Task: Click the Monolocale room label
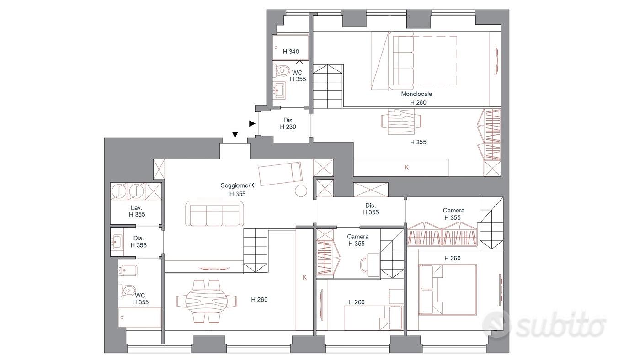(x=416, y=94)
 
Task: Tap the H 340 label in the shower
(x=291, y=52)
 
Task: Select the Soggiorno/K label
(x=237, y=185)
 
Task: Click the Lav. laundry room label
(x=137, y=208)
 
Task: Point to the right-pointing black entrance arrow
(x=252, y=123)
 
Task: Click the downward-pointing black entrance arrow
(x=235, y=134)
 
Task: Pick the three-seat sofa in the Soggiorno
(x=214, y=213)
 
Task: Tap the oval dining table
(x=207, y=301)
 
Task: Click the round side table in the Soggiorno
(x=301, y=191)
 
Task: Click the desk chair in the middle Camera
(x=364, y=265)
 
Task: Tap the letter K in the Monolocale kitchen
(x=406, y=168)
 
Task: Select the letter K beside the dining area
(x=304, y=277)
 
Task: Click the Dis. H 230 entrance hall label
(x=288, y=123)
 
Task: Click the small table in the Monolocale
(x=401, y=122)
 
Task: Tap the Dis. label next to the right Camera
(x=371, y=206)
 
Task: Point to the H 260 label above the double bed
(x=452, y=259)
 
